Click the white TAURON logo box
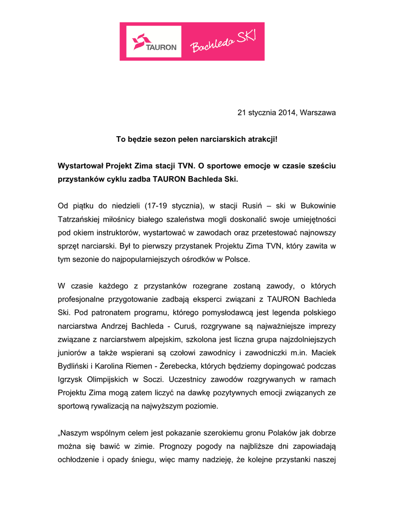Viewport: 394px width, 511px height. (x=154, y=41)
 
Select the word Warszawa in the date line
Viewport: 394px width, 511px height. (x=318, y=113)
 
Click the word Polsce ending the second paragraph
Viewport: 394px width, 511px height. (x=237, y=259)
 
